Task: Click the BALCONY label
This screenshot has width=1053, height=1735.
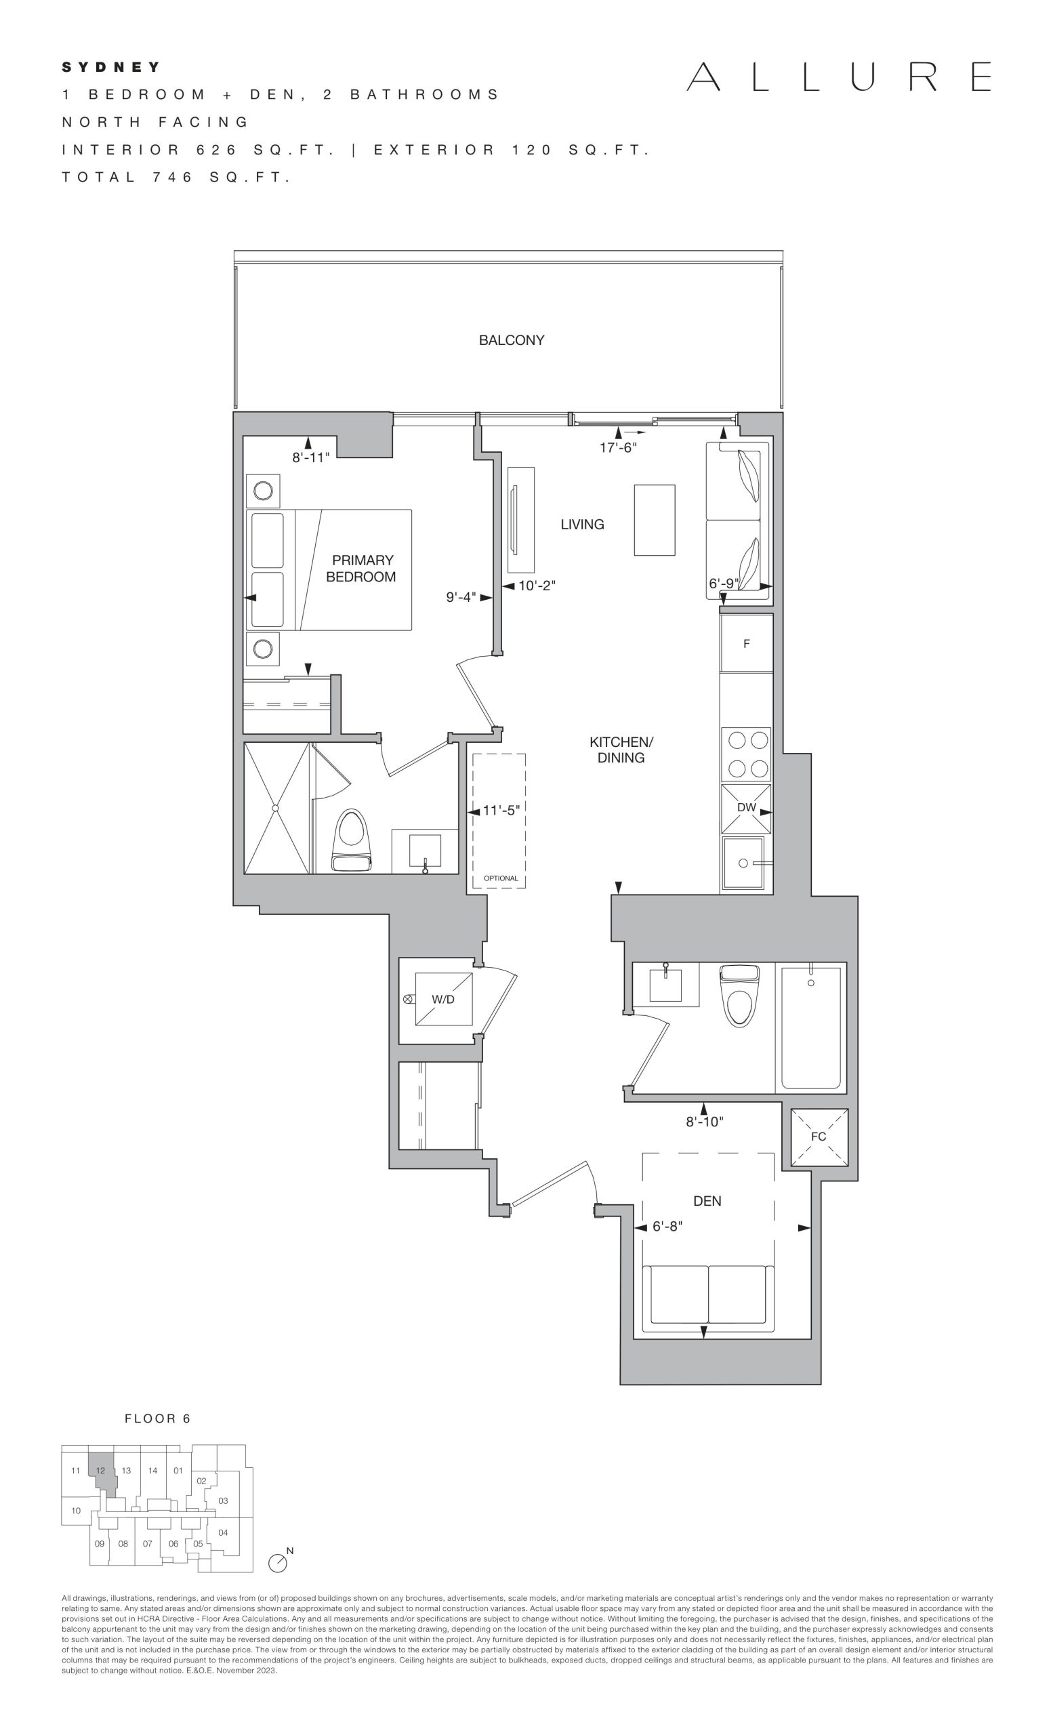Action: tap(511, 340)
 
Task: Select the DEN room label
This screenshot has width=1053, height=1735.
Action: tap(707, 1201)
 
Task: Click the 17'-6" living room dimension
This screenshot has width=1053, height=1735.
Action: tap(618, 447)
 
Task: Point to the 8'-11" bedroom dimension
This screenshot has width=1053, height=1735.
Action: tap(311, 457)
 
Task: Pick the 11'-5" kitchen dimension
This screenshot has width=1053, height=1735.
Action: tap(501, 811)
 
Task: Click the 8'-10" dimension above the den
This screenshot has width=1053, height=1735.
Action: tap(705, 1122)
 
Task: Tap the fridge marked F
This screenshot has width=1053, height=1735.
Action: tap(746, 644)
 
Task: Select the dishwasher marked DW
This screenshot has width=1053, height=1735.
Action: tap(746, 809)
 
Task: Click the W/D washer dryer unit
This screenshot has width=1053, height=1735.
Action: tap(443, 1000)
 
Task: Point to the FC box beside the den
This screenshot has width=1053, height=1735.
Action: tap(819, 1137)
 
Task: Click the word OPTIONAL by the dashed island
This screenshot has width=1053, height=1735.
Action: tap(501, 878)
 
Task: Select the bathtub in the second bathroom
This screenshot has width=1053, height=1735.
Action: tap(811, 1028)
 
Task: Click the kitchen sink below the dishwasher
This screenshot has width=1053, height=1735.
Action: tap(744, 863)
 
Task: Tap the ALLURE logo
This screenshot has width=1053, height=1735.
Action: tap(839, 77)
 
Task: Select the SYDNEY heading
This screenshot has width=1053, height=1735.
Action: tap(111, 68)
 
